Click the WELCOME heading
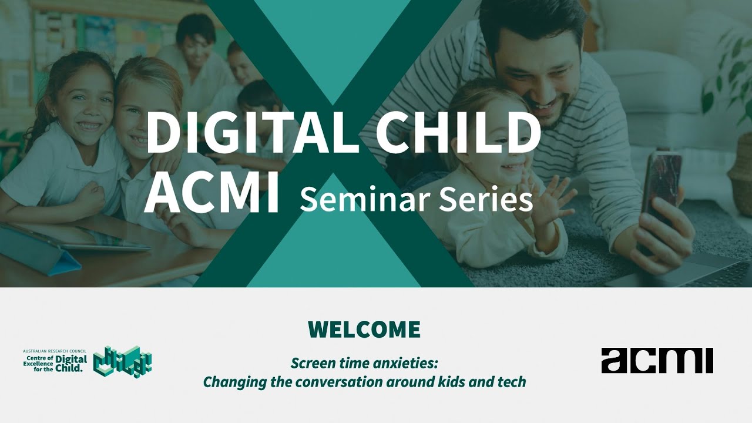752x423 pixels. pos(364,330)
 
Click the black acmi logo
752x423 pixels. pos(657,361)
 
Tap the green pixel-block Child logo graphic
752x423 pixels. pos(123,361)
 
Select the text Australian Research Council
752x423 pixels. pos(55,351)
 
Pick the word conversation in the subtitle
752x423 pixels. pos(340,382)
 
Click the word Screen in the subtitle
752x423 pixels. pos(311,362)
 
